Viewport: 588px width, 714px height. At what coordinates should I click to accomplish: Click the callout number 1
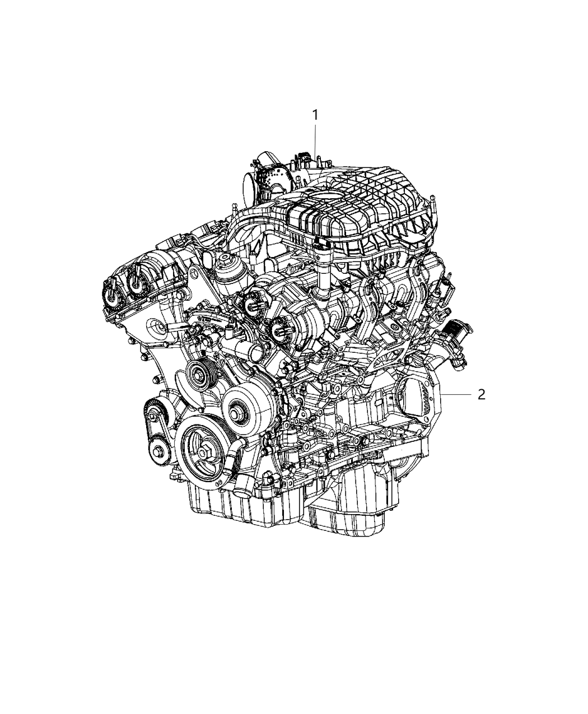point(315,115)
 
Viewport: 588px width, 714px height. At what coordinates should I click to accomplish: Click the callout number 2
point(481,394)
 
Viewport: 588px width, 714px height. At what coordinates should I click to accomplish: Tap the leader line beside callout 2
point(456,394)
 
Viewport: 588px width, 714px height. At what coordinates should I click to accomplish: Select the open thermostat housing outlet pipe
point(258,353)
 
